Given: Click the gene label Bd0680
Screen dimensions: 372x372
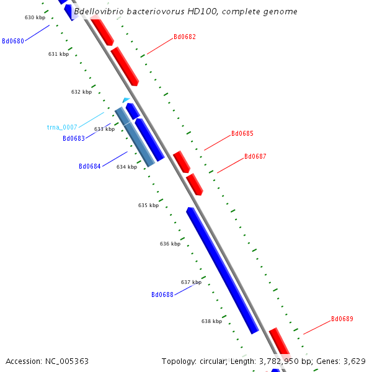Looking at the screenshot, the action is (x=13, y=41).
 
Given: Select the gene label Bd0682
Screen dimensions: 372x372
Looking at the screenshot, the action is (x=185, y=37).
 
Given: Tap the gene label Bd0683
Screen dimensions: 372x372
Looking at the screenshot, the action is (x=74, y=138).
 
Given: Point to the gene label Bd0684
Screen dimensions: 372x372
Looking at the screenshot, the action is (x=90, y=166).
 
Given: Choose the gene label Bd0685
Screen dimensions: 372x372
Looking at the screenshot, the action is (x=242, y=133).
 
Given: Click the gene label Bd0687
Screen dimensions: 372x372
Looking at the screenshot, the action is (x=255, y=156).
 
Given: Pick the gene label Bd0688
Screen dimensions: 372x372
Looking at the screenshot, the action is (x=162, y=294).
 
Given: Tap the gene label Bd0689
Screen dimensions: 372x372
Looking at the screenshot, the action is (x=342, y=319).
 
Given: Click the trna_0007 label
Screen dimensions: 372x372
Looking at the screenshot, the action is (x=62, y=127).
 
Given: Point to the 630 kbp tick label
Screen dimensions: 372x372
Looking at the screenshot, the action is (x=35, y=17).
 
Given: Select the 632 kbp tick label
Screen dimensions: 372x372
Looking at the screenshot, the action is (x=81, y=92).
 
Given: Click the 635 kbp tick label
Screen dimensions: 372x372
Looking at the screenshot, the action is (x=148, y=205).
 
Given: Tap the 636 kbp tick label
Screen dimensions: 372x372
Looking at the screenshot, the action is (x=170, y=244).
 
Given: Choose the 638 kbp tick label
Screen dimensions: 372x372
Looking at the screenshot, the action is (x=211, y=321).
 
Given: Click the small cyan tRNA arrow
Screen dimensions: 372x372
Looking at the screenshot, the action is (x=126, y=100).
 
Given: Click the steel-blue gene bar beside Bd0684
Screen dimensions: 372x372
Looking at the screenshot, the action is (x=135, y=136).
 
